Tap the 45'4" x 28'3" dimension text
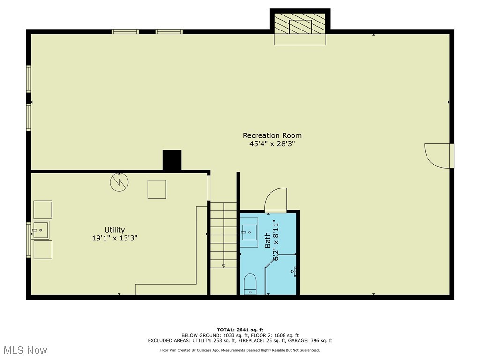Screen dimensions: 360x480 [x=272, y=144]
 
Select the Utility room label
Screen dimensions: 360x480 [x=114, y=230]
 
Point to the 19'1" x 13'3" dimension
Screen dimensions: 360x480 [x=114, y=238]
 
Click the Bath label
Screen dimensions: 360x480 [x=268, y=240]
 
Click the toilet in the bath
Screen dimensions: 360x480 [x=250, y=284]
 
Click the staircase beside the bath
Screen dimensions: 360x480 [x=224, y=234]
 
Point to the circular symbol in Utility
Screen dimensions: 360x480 [x=119, y=182]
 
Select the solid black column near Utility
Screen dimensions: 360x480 [x=172, y=160]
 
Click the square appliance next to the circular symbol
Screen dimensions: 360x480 [x=157, y=189]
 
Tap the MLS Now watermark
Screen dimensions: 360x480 [x=24, y=350]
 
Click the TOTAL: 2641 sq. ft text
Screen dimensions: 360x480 [x=240, y=329]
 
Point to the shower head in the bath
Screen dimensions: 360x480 [x=295, y=270]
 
